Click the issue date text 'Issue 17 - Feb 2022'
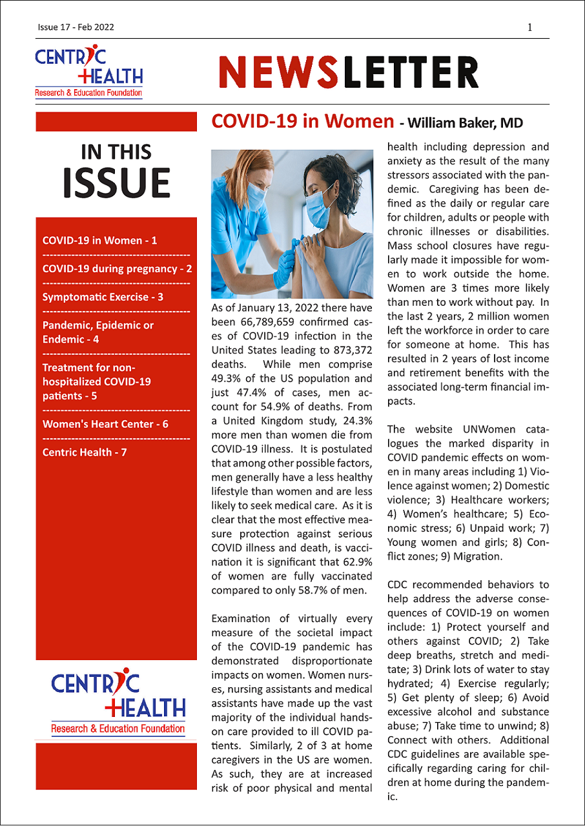coord(76,27)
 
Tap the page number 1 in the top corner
coord(530,27)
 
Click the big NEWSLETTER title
coord(349,72)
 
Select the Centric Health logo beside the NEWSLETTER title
coord(89,71)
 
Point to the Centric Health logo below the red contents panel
coord(118,704)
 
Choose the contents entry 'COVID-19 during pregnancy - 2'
coord(117,268)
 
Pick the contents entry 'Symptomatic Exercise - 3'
coord(103,297)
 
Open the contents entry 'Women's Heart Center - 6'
coord(105,424)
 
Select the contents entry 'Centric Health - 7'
coord(85,452)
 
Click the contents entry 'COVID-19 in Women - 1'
coord(99,241)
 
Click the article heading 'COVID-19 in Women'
coord(302,121)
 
